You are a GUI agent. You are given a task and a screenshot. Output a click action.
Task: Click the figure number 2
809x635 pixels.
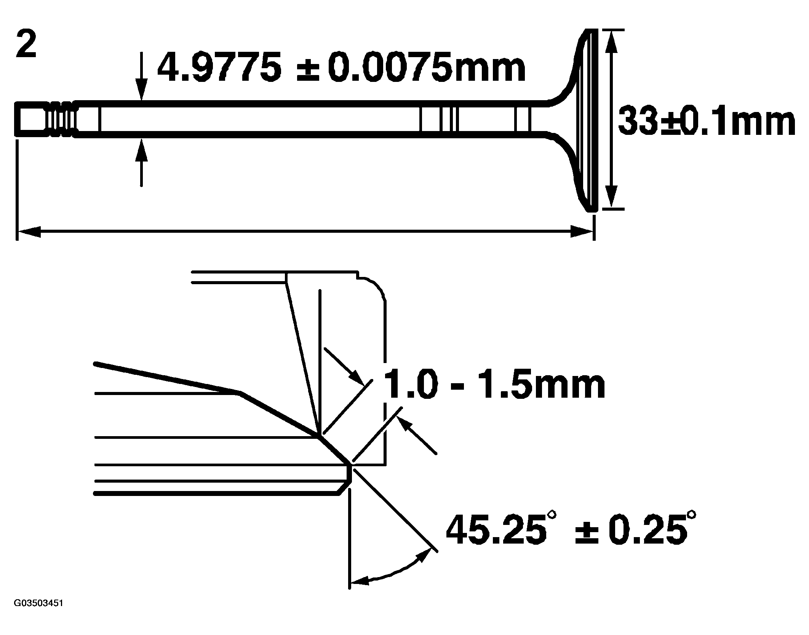click(26, 45)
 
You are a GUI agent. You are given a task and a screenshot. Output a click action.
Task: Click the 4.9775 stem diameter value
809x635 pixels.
click(219, 67)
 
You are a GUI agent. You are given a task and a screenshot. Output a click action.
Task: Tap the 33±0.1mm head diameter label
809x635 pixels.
click(706, 122)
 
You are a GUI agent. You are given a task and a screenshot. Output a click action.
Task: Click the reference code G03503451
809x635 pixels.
click(38, 614)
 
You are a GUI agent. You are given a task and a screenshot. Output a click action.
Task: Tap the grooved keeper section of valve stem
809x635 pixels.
click(61, 118)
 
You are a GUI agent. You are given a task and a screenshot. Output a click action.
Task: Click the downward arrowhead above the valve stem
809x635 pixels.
click(141, 91)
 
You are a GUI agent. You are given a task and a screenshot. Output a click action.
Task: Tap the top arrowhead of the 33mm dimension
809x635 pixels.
click(611, 39)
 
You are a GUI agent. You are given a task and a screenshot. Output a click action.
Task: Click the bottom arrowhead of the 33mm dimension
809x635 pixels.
click(611, 198)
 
